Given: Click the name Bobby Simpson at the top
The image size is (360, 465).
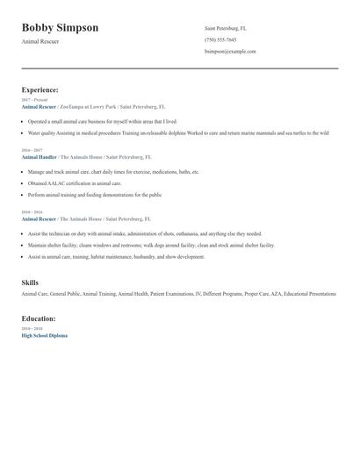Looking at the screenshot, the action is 60,28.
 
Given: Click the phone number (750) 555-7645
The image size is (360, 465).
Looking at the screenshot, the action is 220,39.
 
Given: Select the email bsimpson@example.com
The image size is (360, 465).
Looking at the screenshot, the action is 230,51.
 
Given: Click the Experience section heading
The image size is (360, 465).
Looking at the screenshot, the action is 40,89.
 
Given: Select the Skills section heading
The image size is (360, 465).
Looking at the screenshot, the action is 30,283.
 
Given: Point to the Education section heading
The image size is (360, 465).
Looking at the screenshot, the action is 39,318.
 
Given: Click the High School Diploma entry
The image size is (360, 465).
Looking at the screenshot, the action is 44,336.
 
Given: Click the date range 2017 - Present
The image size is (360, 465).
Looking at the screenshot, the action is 34,100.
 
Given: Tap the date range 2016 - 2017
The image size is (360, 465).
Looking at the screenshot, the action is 32,149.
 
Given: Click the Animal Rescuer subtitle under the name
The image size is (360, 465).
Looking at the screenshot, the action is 40,42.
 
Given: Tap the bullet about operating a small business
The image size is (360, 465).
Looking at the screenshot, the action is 102,122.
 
